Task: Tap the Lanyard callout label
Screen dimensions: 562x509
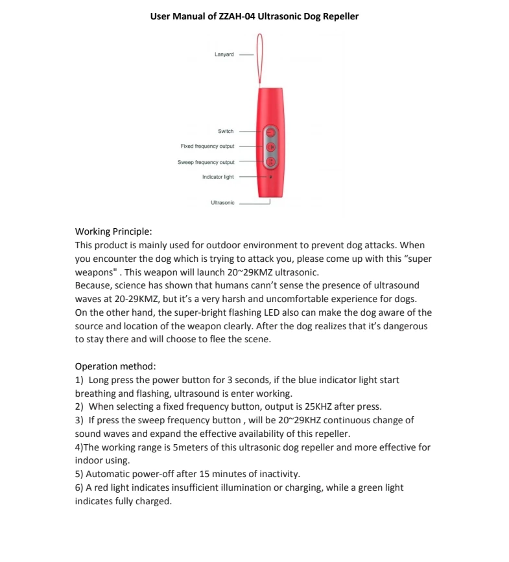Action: click(x=224, y=54)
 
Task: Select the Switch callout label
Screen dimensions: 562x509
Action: click(x=225, y=131)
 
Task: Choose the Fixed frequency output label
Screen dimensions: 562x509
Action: click(x=207, y=146)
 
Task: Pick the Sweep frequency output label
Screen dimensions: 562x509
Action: click(x=206, y=162)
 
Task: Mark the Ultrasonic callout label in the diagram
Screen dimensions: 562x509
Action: click(x=222, y=203)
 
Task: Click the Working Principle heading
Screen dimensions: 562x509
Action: click(x=113, y=231)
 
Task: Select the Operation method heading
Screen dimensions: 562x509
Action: click(x=115, y=366)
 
